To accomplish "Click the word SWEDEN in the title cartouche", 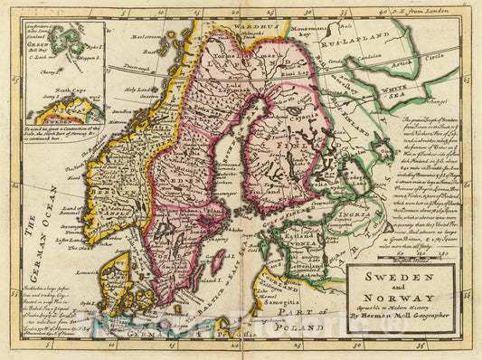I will pyautogui.click(x=402, y=277).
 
